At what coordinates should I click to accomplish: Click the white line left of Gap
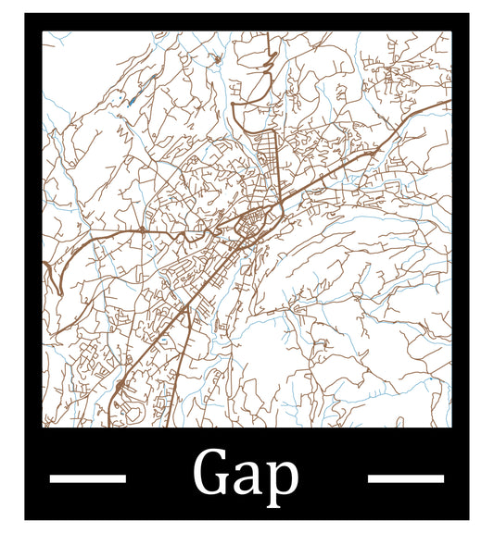87,478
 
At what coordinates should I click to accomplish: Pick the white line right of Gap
406,478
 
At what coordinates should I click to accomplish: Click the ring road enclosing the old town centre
249,224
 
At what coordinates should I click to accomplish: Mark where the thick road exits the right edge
449,102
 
